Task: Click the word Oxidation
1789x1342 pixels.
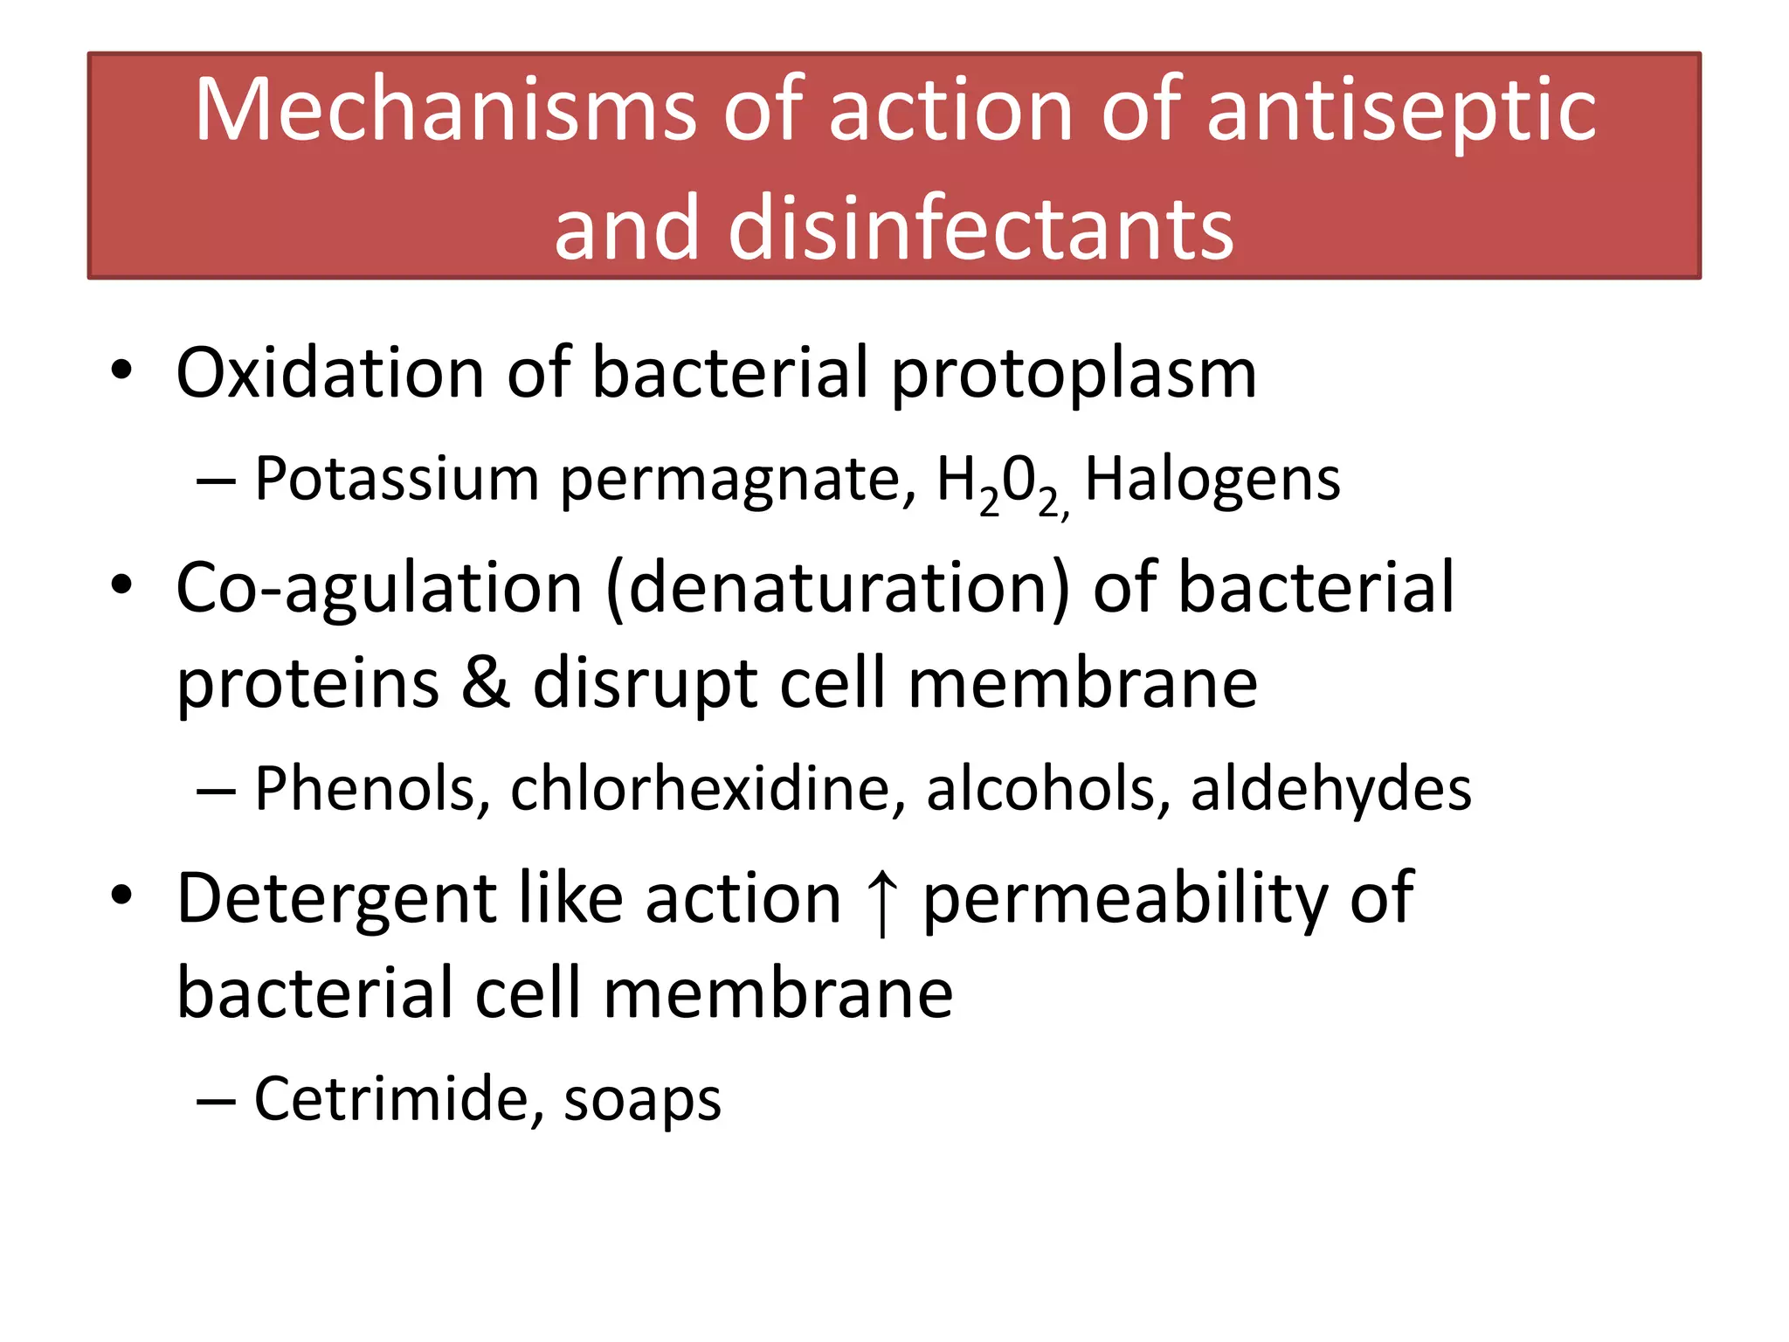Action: coord(329,372)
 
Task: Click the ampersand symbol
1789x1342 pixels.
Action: coord(485,682)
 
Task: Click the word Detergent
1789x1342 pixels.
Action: coord(337,901)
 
